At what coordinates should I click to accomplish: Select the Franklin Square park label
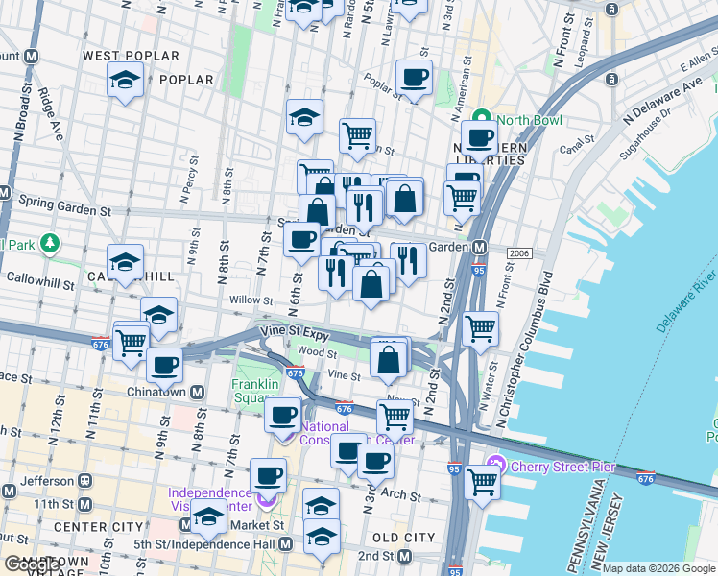pos(255,393)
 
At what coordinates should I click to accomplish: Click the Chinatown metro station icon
pos(197,392)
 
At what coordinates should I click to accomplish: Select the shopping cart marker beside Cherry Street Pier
pos(482,479)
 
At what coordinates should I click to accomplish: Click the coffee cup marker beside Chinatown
pos(165,365)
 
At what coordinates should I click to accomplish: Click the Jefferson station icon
pos(85,479)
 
